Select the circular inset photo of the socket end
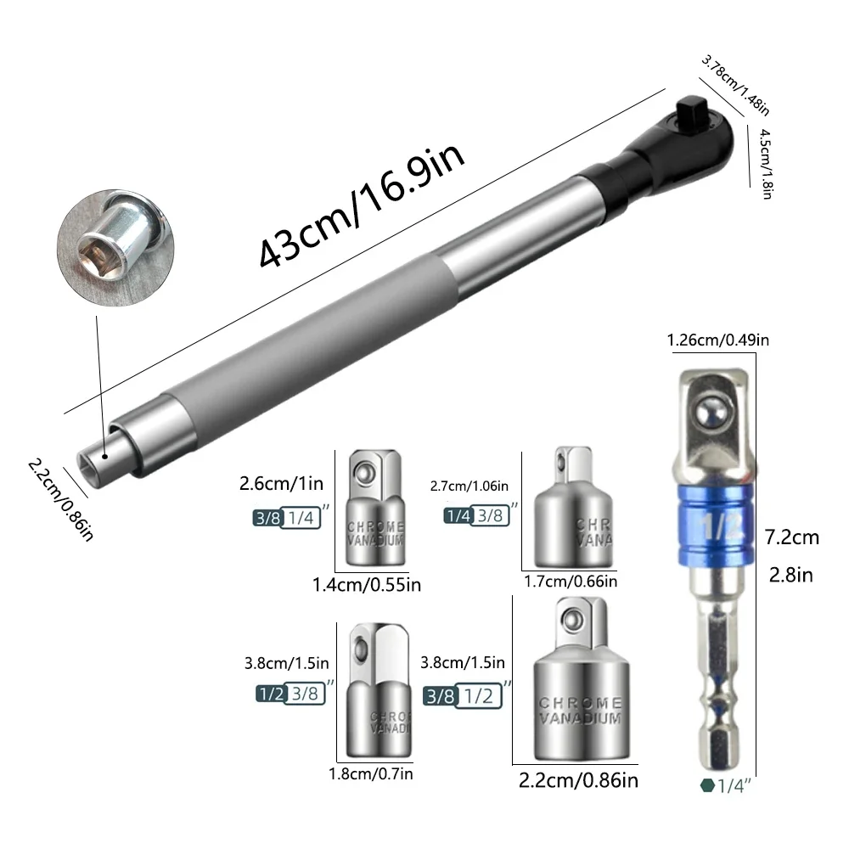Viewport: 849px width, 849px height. [x=115, y=247]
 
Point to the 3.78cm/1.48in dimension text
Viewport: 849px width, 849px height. [x=735, y=85]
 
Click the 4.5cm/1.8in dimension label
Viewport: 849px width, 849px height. [x=766, y=164]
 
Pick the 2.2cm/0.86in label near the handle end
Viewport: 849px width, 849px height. [x=61, y=499]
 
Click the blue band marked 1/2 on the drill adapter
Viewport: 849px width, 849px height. [x=717, y=525]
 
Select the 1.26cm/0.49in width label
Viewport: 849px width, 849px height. [x=718, y=340]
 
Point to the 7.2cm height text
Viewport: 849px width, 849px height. [x=791, y=537]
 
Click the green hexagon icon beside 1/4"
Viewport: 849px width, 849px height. [x=707, y=785]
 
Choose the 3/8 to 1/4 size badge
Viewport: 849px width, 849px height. [x=287, y=518]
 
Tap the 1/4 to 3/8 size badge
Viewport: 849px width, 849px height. [x=476, y=515]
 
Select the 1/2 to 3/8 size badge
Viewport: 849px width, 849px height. [x=290, y=694]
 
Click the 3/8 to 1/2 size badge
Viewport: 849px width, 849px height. [x=462, y=696]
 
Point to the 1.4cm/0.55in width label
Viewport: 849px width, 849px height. [x=367, y=585]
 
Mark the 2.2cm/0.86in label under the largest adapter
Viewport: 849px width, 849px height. [x=578, y=780]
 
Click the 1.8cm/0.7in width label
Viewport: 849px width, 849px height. [x=371, y=773]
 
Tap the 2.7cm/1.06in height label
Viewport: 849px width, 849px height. [x=469, y=486]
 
